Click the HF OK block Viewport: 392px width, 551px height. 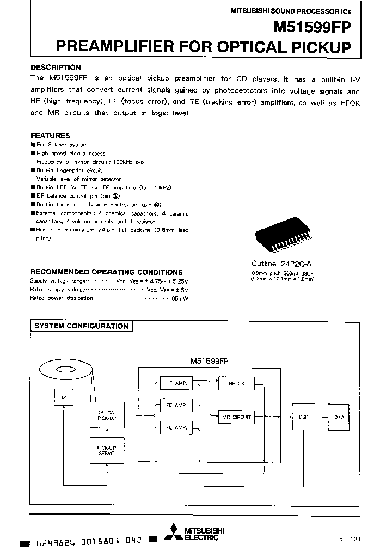coord(236,383)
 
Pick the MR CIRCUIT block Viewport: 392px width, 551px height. coord(236,417)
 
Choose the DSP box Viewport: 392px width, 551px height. coord(303,417)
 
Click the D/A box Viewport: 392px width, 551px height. coord(339,417)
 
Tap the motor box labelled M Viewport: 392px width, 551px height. coord(64,397)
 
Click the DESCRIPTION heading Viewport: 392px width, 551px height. coord(56,68)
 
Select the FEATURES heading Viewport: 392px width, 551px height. coord(50,135)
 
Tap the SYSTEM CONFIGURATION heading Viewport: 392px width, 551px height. coord(81,326)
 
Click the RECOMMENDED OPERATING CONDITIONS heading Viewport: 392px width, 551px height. coord(106,272)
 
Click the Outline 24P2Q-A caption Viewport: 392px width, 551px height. coord(282,262)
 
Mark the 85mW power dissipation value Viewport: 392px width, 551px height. coord(179,298)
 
